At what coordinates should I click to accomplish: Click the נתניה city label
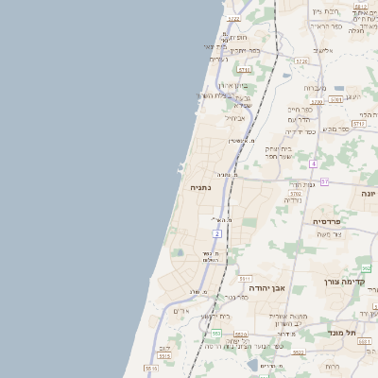(x=200, y=187)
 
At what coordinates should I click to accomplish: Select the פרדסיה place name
(x=332, y=221)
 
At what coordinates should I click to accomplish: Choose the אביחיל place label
(x=234, y=118)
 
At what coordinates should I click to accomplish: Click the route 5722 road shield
(x=233, y=18)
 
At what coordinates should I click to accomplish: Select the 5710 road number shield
(x=244, y=70)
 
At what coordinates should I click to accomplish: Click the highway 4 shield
(x=313, y=163)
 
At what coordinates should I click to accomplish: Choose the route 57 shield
(x=324, y=181)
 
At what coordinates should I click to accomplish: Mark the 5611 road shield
(x=245, y=280)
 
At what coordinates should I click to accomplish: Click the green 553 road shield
(x=216, y=334)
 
